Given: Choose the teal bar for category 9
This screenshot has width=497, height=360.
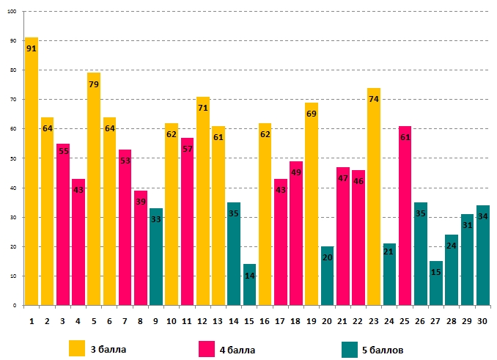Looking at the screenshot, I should (x=156, y=257).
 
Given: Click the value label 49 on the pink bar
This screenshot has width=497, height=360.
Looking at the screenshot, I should (x=296, y=172).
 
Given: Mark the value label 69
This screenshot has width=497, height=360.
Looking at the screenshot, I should (x=312, y=114).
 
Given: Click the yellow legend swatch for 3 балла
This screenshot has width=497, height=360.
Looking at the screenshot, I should (x=77, y=348).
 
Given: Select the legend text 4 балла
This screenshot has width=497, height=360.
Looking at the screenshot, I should (x=238, y=350).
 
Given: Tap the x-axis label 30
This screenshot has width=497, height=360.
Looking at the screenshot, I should (x=483, y=320).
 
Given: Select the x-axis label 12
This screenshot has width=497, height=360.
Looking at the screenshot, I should (x=202, y=320).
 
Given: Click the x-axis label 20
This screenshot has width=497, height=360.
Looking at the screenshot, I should (x=327, y=320).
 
